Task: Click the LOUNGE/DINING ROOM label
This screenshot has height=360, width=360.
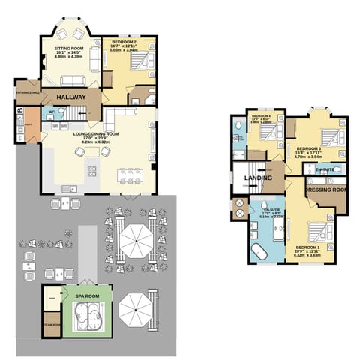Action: click(94, 136)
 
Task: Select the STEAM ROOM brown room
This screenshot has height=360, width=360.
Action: click(52, 325)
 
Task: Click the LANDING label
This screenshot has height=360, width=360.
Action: click(258, 178)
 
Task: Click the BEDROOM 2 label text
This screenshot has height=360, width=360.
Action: click(124, 43)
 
